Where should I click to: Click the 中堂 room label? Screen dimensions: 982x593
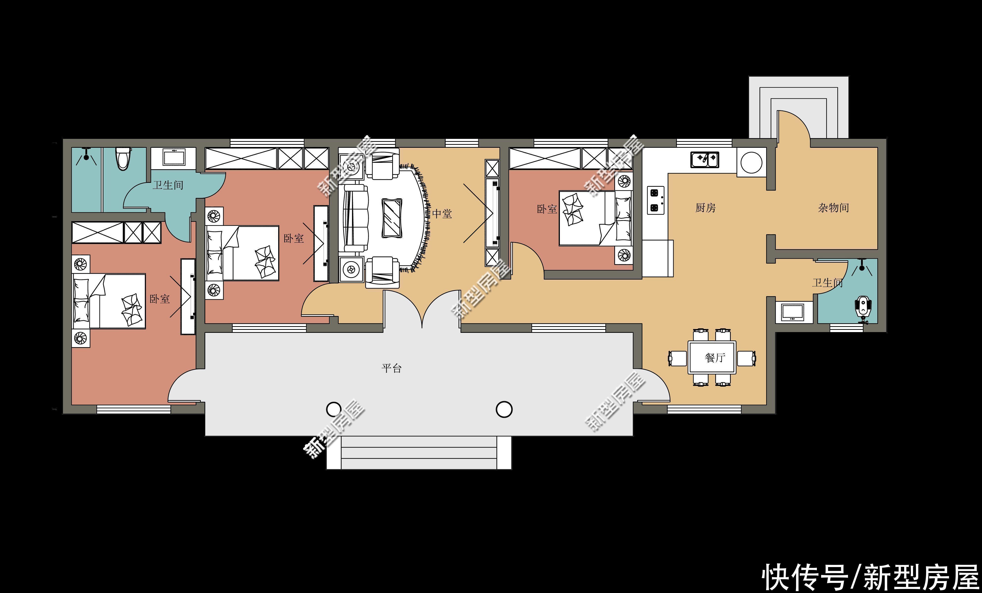tap(442, 214)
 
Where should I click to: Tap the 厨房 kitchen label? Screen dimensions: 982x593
tap(706, 208)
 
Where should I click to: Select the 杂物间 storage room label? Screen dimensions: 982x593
tap(833, 208)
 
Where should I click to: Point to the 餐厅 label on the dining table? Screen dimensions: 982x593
tap(715, 358)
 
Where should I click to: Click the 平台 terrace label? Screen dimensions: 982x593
tap(391, 368)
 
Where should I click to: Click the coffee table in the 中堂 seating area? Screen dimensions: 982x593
tap(392, 218)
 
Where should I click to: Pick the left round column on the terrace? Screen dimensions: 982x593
tap(334, 409)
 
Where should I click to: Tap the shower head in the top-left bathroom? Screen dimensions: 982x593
tap(86, 157)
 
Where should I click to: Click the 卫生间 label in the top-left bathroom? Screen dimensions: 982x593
tap(168, 185)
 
